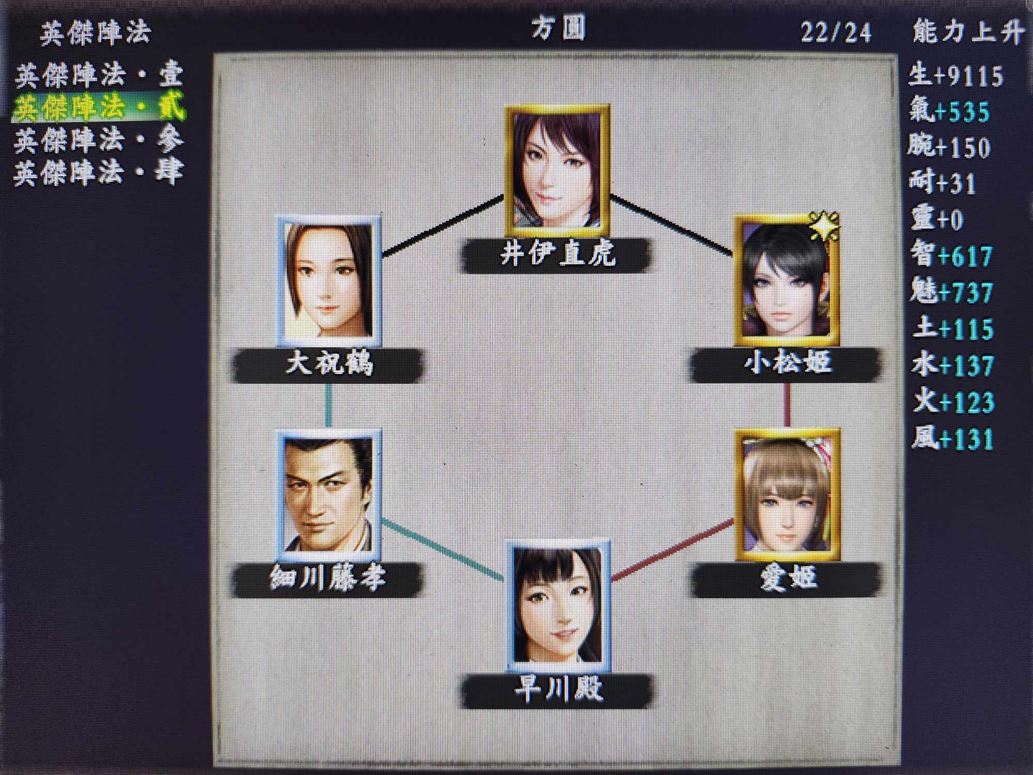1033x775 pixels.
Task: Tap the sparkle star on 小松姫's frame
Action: [823, 226]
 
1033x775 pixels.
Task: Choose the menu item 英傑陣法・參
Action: [98, 139]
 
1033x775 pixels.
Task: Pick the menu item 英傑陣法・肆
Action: [98, 172]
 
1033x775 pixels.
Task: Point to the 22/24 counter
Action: [836, 33]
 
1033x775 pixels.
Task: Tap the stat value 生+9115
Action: [956, 75]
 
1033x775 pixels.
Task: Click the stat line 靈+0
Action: [937, 219]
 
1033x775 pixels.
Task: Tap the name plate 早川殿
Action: [558, 690]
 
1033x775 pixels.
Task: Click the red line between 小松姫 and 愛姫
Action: [787, 406]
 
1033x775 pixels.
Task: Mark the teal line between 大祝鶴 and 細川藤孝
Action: [328, 407]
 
